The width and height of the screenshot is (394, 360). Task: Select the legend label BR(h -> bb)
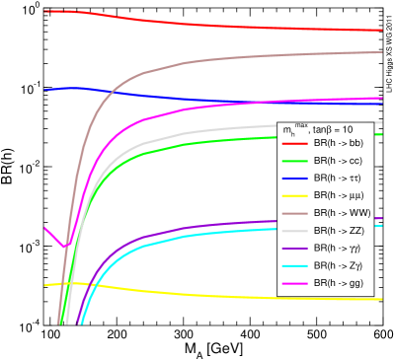[x=339, y=144]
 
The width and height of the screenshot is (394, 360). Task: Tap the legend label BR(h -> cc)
[x=338, y=161]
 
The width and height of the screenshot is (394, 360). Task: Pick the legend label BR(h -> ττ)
[x=337, y=179]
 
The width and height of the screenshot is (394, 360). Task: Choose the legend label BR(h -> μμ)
[x=338, y=195]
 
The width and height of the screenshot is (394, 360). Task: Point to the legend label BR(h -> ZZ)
[x=339, y=231]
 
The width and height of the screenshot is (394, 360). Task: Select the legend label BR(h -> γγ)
[x=337, y=249]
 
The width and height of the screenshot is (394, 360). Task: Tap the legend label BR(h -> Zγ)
[x=338, y=265]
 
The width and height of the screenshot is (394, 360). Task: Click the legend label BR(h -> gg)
[x=338, y=283]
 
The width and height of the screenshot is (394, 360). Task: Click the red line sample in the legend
[x=295, y=144]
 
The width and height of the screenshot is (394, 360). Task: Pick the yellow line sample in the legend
[x=295, y=196]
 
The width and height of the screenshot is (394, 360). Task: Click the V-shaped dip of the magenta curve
[x=64, y=247]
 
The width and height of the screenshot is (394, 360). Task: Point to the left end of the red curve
[x=45, y=11]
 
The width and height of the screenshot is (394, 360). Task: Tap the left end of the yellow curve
[x=45, y=285]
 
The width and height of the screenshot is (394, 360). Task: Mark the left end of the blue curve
[x=45, y=89]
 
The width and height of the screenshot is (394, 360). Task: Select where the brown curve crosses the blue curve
[x=115, y=94]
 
